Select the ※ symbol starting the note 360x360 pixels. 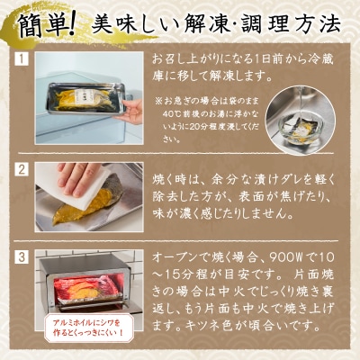(x=157, y=101)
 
